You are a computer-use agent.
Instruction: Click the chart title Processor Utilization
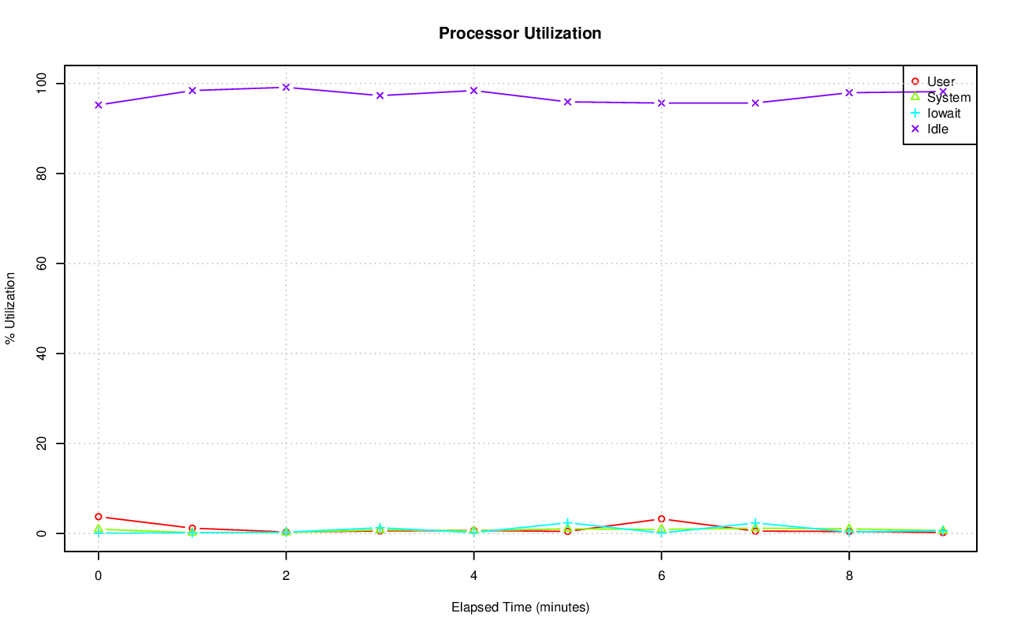pos(520,33)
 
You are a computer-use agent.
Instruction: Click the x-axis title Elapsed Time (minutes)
pos(520,608)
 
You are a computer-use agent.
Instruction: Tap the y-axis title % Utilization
pos(10,308)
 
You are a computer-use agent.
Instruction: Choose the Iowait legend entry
pos(944,114)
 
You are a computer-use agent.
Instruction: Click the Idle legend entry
pos(937,129)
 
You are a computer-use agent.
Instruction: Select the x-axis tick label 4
pos(473,576)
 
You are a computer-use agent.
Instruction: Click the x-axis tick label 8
pos(849,576)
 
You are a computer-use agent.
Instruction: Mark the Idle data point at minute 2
pos(286,88)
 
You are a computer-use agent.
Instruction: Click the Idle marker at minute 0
pos(98,105)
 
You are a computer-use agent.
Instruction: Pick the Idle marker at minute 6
pos(661,103)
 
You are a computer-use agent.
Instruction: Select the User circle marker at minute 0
pos(98,517)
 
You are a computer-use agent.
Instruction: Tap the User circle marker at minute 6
pos(661,519)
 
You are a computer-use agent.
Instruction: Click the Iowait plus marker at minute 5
pos(567,523)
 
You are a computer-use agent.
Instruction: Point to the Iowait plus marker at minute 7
pos(755,523)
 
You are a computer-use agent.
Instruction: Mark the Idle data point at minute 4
pos(473,91)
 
